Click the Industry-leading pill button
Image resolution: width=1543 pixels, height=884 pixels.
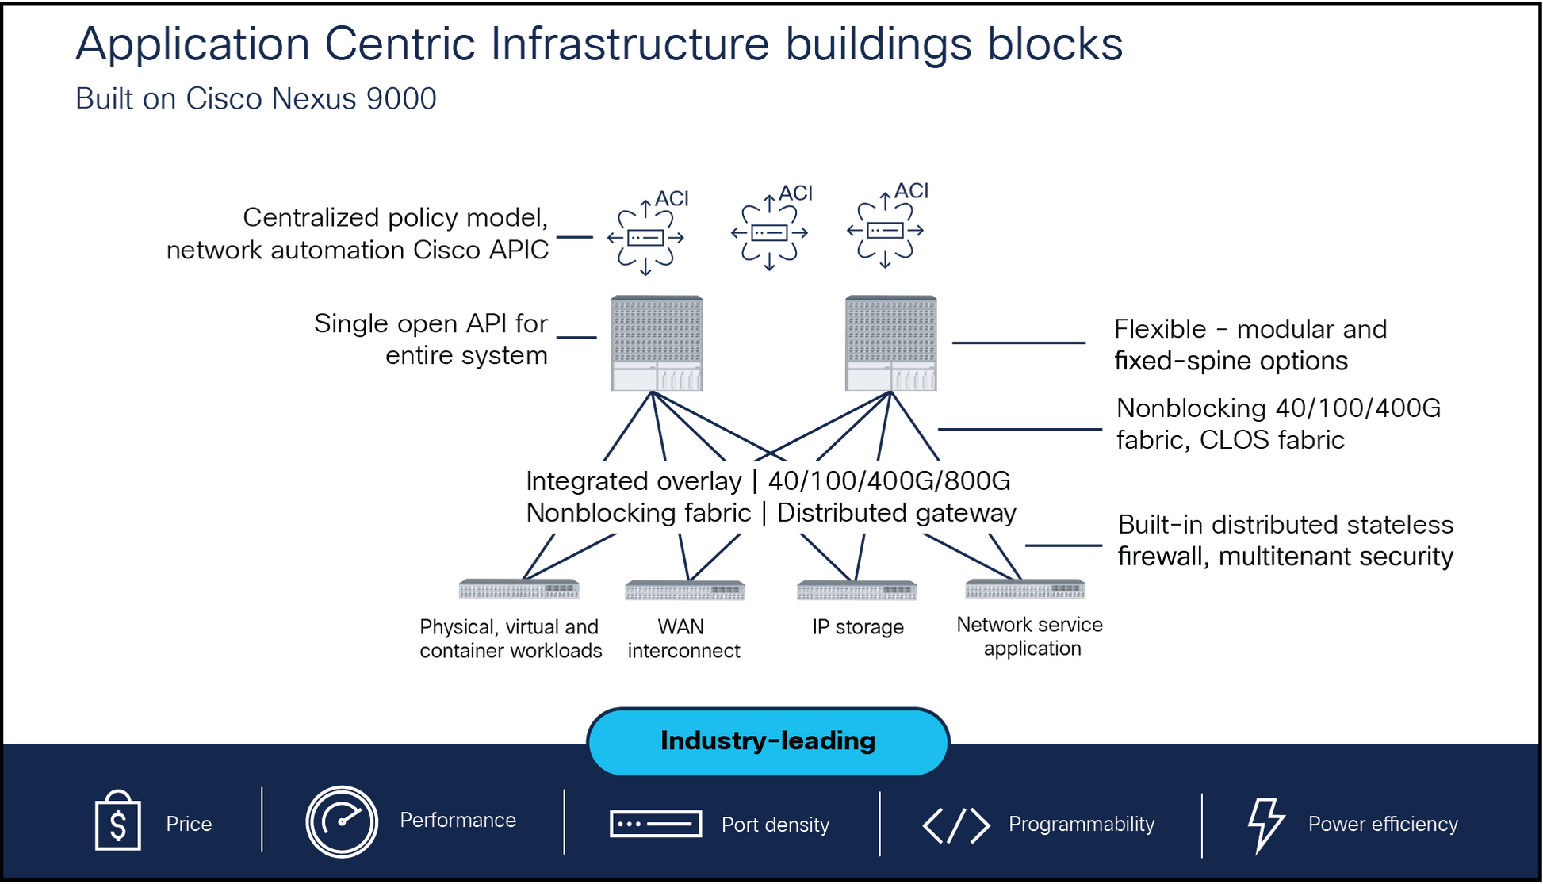coord(768,741)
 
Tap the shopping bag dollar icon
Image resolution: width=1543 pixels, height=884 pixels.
coord(117,821)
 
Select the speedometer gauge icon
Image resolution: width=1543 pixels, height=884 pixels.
coord(342,821)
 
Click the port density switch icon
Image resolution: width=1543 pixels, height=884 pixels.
coord(656,824)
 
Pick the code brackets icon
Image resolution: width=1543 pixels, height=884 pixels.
coord(956,825)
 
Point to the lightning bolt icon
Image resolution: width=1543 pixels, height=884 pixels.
coord(1265,825)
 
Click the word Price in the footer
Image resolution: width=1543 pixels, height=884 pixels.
coord(189,824)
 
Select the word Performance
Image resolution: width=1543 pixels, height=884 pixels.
coord(458,820)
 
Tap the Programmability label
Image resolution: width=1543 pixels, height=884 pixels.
coord(1081,824)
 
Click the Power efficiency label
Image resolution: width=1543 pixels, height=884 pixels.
coord(1383,824)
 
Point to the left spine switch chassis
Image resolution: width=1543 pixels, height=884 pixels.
coord(657,343)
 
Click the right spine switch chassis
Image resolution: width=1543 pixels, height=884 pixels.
coord(890,343)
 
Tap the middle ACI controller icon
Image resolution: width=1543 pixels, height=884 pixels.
coord(769,232)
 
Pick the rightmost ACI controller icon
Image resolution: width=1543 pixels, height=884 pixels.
coord(886,231)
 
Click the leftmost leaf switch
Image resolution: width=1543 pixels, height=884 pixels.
coord(519,589)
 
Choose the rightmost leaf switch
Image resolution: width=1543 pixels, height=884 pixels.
coord(1025,589)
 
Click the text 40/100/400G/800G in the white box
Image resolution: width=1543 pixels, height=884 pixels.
coord(889,480)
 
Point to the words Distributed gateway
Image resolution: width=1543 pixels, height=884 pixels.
coord(896,513)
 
